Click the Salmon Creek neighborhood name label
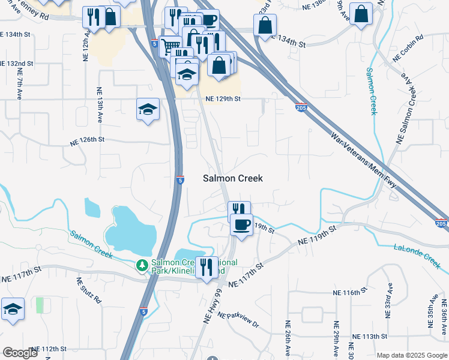point(233,178)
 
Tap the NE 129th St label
point(223,98)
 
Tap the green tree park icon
point(142,265)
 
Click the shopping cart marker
point(171,45)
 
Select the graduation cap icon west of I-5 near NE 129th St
point(148,109)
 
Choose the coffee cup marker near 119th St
point(241,225)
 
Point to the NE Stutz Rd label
point(81,289)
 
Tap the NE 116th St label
point(350,292)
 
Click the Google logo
point(20,353)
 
